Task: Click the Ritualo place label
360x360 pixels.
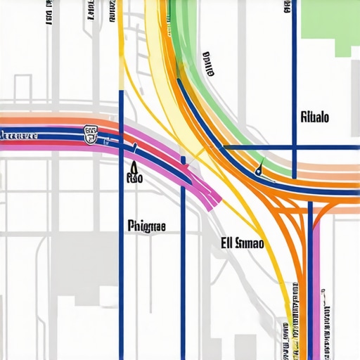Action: pyautogui.click(x=314, y=117)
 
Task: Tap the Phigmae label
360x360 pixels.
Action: pyautogui.click(x=147, y=226)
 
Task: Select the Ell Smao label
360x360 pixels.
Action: pyautogui.click(x=241, y=244)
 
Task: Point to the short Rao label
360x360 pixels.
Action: pyautogui.click(x=134, y=179)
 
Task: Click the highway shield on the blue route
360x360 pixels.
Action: pyautogui.click(x=91, y=134)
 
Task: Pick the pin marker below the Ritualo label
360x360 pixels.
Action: pyautogui.click(x=261, y=168)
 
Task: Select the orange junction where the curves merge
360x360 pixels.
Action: pyautogui.click(x=309, y=200)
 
